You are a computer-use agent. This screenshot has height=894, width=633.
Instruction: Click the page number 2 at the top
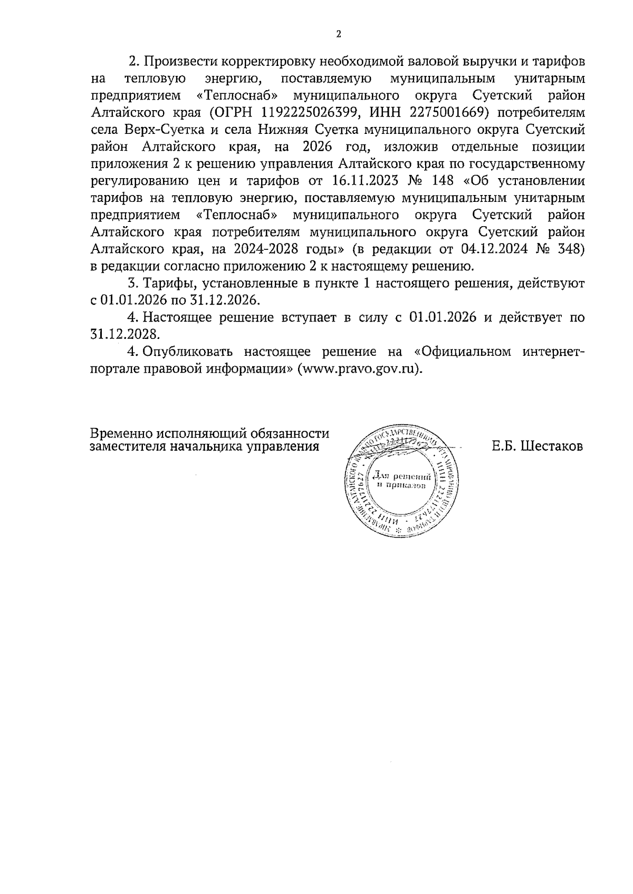click(338, 35)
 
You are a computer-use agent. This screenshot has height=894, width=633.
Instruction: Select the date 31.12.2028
click(124, 334)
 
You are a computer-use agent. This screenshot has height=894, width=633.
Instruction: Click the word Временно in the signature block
click(121, 433)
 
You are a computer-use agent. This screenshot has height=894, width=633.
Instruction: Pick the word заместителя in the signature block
click(127, 447)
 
